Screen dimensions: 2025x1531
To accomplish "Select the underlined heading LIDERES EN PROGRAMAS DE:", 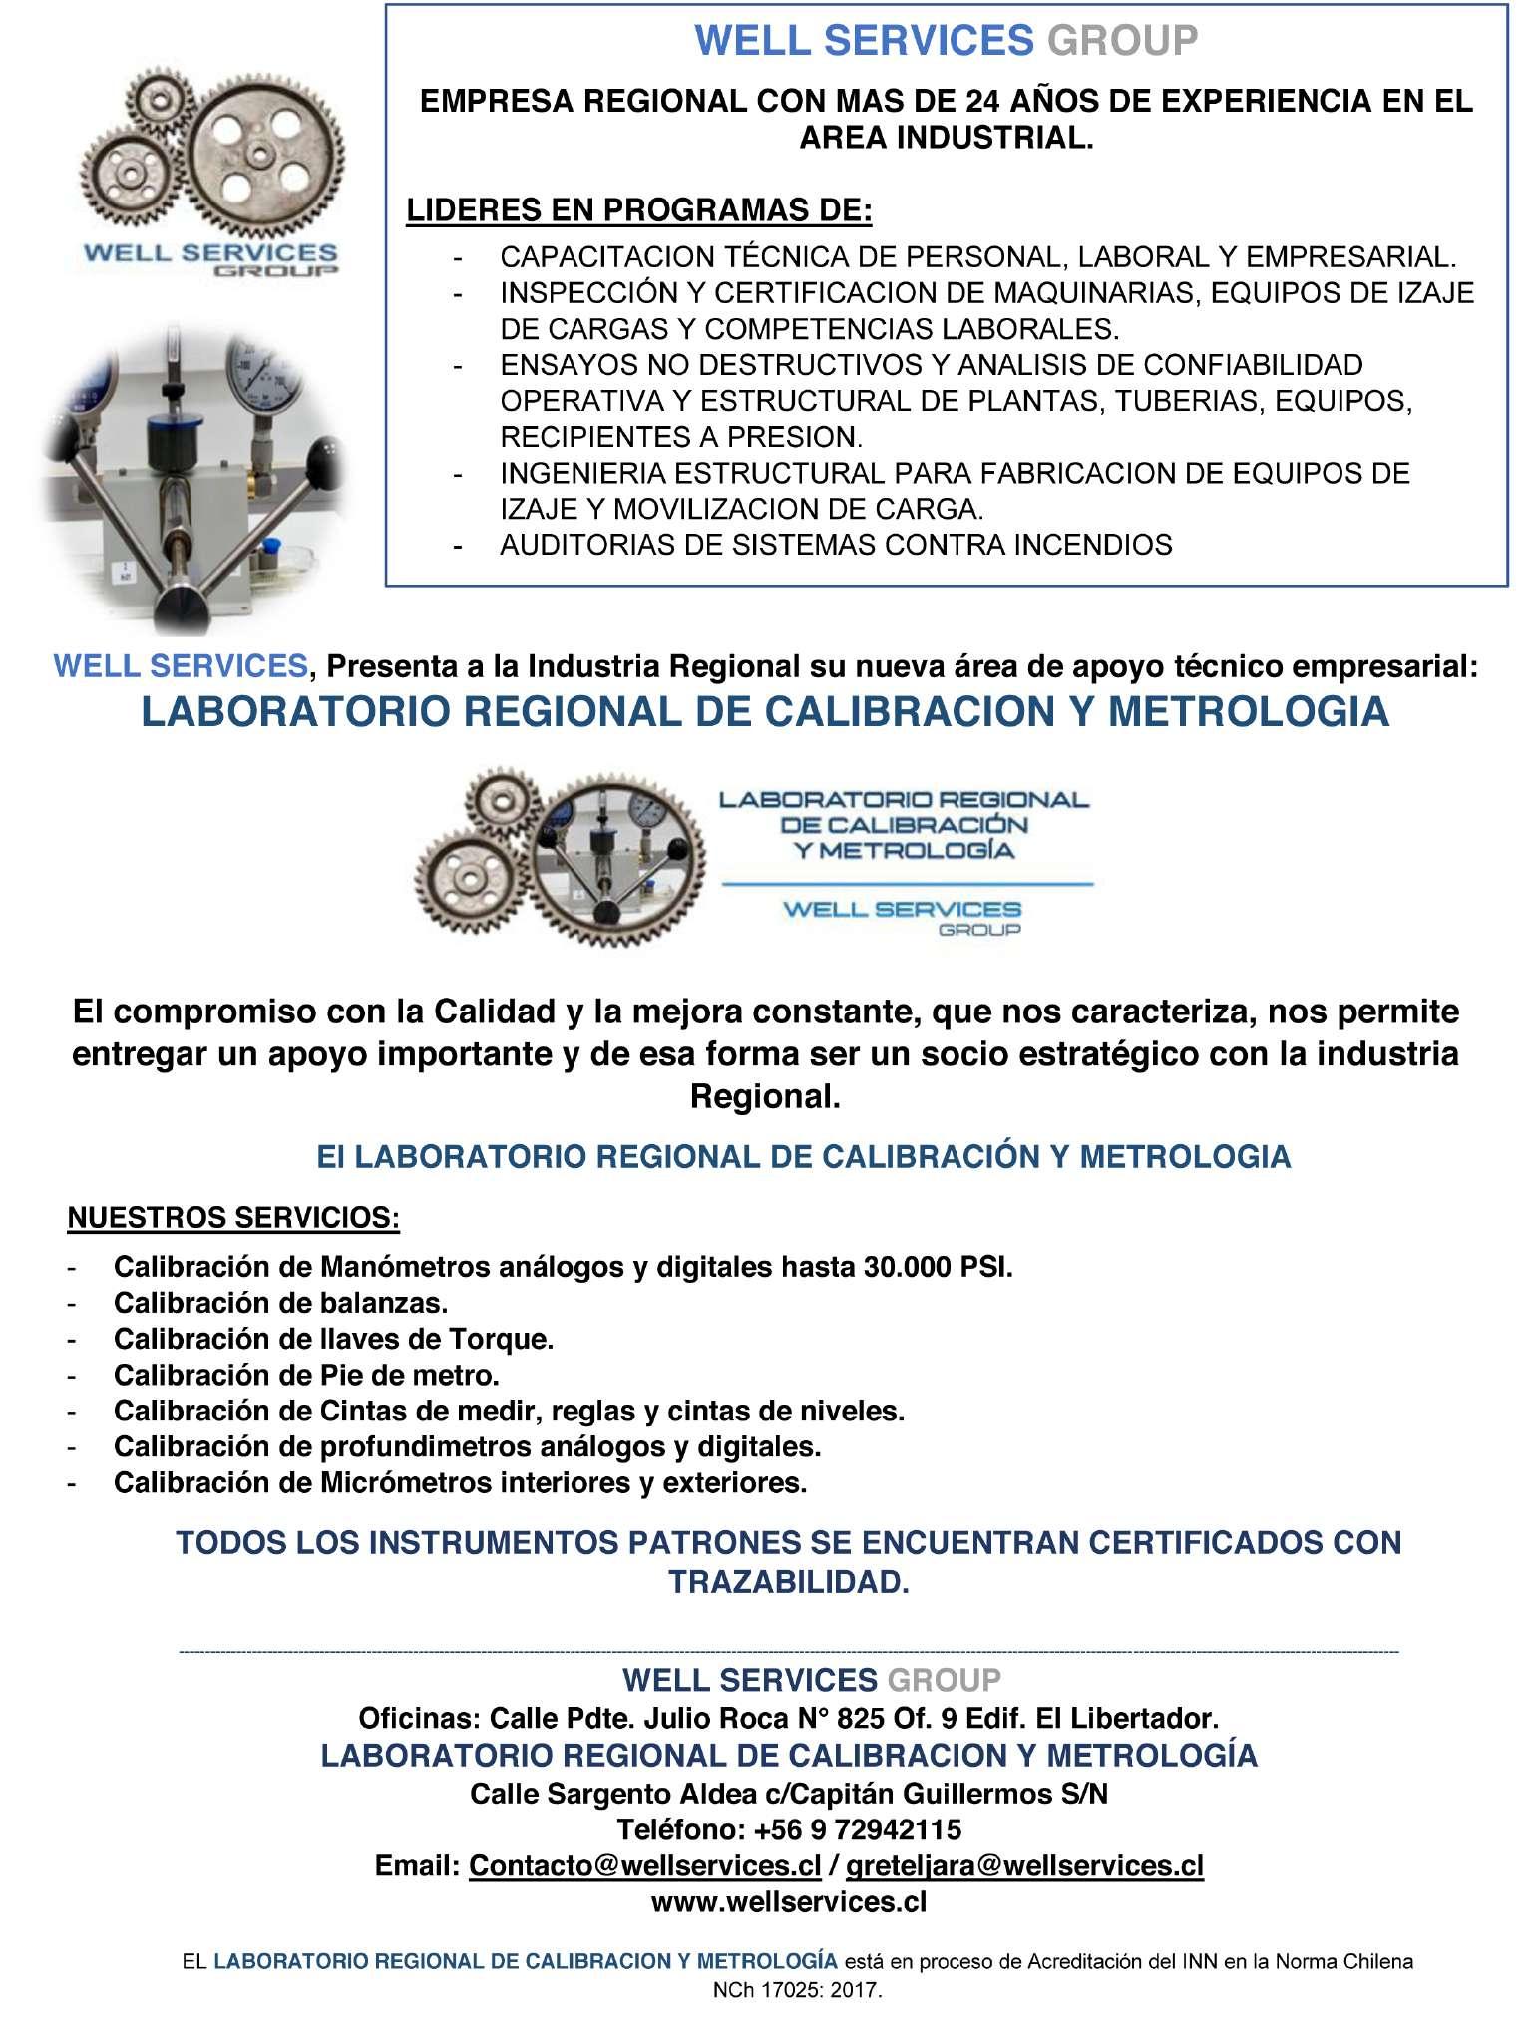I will tap(638, 211).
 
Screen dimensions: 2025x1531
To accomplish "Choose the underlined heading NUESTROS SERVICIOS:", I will tap(233, 1218).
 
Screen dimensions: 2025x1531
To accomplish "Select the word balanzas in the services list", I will tap(384, 1304).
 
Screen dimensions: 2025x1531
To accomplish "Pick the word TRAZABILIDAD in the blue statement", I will tap(788, 1583).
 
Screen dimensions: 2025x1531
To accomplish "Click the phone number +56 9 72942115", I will tap(858, 1830).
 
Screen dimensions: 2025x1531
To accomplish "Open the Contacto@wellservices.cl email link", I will tap(644, 1866).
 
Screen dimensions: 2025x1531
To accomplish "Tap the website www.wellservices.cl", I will tap(789, 1902).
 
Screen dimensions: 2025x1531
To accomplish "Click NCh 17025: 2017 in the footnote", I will tap(797, 1990).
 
